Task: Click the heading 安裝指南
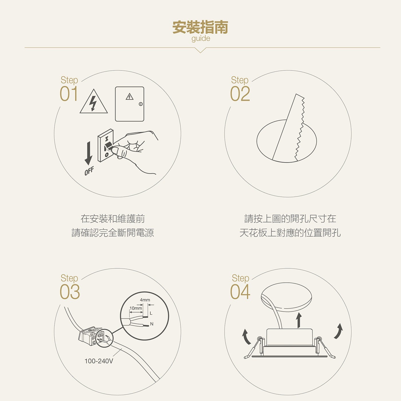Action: (200, 27)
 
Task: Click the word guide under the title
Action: (200, 38)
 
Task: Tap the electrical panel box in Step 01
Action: (129, 104)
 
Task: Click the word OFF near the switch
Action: (89, 171)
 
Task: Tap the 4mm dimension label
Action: (145, 300)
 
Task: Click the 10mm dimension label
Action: (136, 308)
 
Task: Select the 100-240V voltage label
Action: (99, 361)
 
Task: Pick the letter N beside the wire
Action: (152, 324)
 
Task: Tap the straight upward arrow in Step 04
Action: (299, 320)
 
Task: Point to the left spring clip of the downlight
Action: (254, 348)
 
